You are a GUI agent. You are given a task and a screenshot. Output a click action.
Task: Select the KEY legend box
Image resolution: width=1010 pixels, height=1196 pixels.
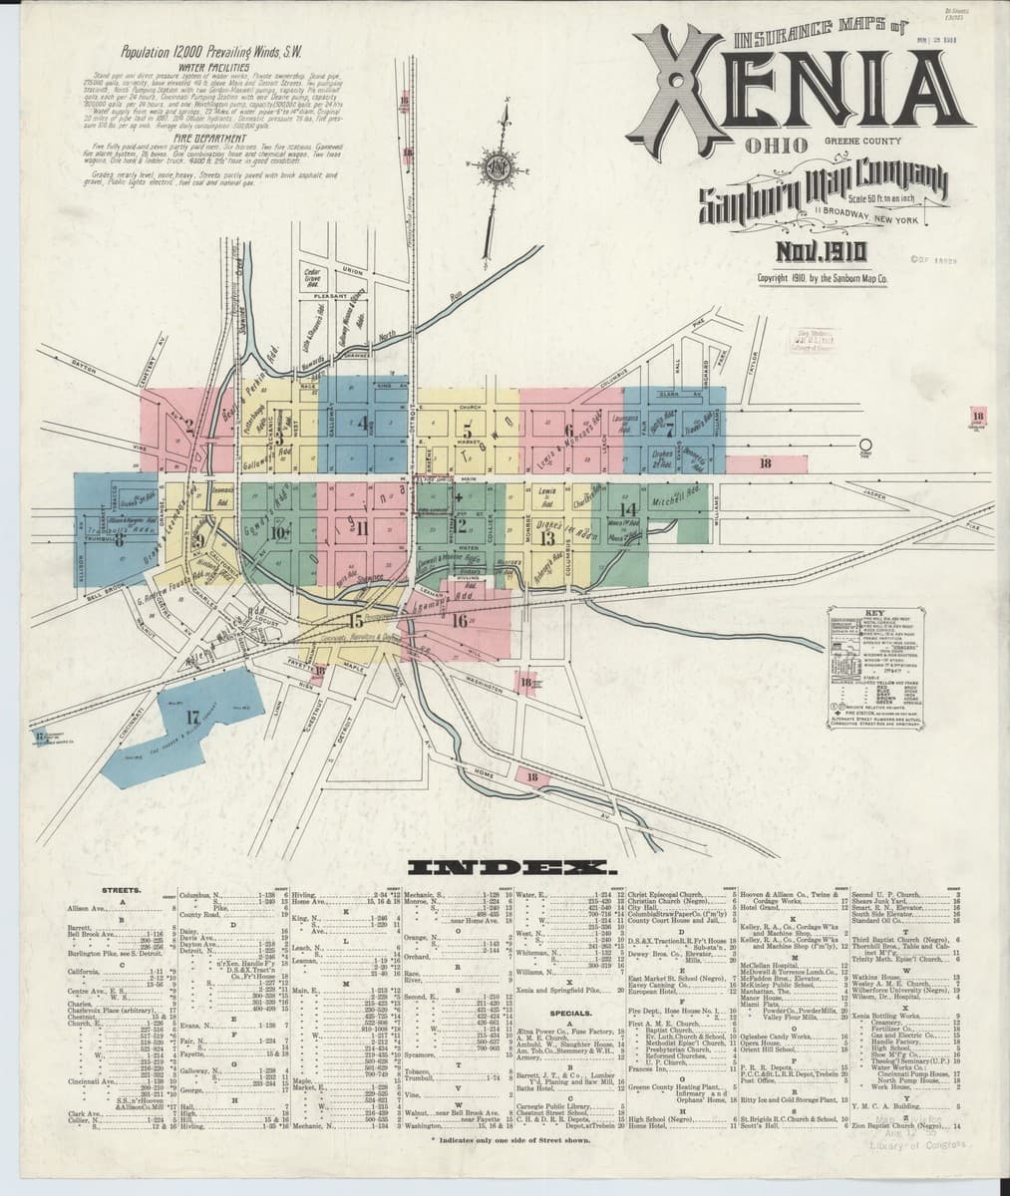(880, 669)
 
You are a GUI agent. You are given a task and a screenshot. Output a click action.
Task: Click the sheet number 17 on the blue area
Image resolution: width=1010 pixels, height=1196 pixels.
(192, 715)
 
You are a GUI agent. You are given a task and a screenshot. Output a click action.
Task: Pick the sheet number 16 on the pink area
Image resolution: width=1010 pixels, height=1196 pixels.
(459, 621)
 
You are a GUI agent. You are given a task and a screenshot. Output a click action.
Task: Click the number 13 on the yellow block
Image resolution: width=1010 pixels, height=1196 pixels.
(546, 538)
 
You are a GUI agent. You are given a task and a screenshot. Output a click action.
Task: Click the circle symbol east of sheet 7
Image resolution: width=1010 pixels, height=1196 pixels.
(865, 445)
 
